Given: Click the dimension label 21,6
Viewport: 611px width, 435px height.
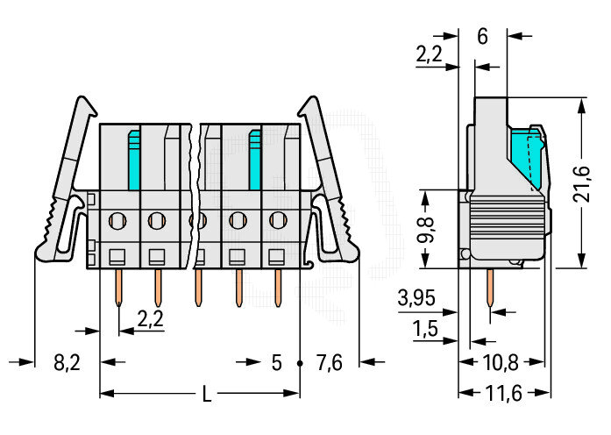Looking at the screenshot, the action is (581, 183).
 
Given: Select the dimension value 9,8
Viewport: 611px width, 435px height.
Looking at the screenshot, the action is (426, 230).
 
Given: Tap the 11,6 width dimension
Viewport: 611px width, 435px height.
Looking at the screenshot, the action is (503, 393).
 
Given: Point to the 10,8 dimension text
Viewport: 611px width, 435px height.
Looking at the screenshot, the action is (501, 363).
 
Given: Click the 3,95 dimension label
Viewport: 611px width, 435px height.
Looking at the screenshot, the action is (416, 298).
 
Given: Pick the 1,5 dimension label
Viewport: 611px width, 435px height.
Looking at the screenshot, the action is (425, 329).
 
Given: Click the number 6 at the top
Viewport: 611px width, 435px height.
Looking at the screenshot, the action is (482, 37).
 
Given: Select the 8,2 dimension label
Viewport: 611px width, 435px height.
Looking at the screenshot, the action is (67, 363).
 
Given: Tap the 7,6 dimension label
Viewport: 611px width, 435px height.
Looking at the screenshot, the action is (330, 363).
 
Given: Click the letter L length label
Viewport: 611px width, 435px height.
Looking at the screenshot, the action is (207, 394).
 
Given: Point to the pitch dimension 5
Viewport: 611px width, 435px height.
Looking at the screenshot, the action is (276, 363).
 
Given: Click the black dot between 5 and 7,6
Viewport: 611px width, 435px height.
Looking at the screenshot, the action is (300, 363).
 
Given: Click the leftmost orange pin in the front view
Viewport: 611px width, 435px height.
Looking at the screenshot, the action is (119, 288).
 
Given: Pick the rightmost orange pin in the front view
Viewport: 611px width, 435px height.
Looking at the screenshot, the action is (278, 288).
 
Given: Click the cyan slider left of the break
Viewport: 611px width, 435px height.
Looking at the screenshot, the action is (134, 160).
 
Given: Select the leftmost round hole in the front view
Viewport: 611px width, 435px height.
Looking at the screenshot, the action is (117, 221).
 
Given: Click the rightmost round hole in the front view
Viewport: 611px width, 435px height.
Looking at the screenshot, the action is (278, 221).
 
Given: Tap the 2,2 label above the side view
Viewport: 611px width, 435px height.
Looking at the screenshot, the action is (429, 54).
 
